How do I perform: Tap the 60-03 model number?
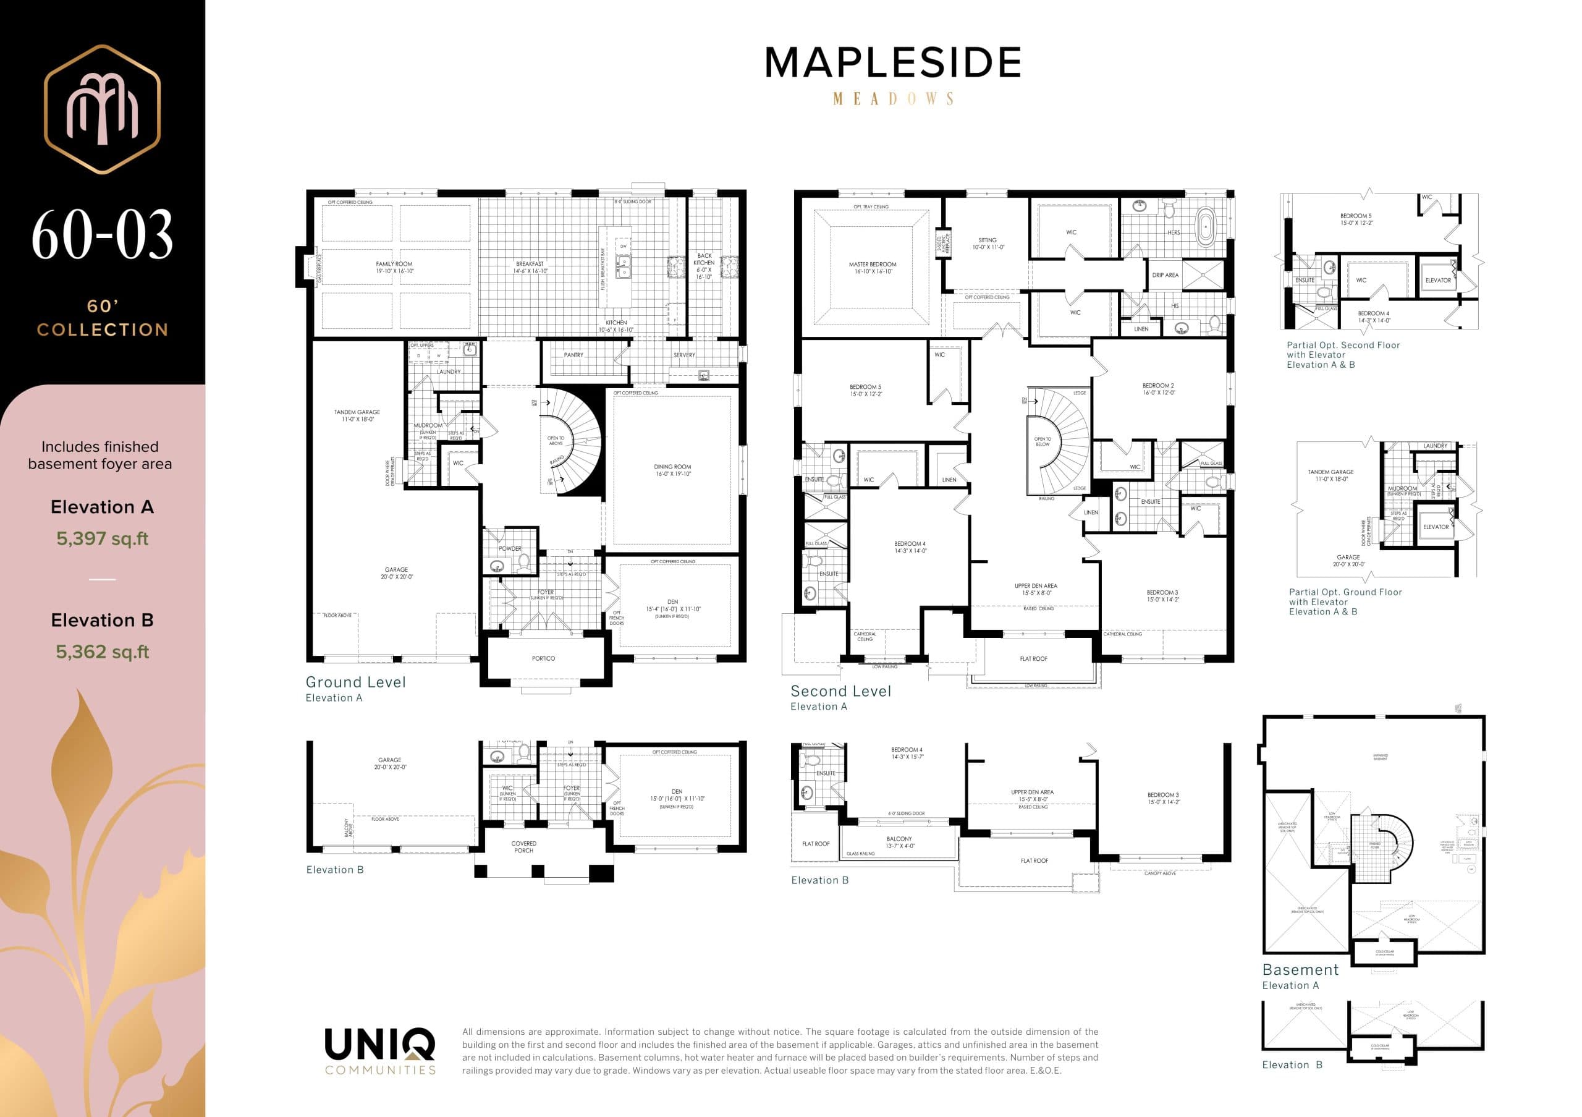coord(102,235)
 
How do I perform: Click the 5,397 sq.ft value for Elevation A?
coord(102,538)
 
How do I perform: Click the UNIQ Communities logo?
coord(379,1050)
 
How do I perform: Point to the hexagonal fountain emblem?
coord(102,109)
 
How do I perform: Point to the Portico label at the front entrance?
coord(543,659)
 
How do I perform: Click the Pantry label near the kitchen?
coord(573,355)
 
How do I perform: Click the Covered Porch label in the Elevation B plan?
coord(523,846)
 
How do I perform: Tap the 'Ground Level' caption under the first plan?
coord(355,682)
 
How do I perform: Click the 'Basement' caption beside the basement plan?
coord(1300,969)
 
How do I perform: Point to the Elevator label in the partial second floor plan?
coord(1437,281)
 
